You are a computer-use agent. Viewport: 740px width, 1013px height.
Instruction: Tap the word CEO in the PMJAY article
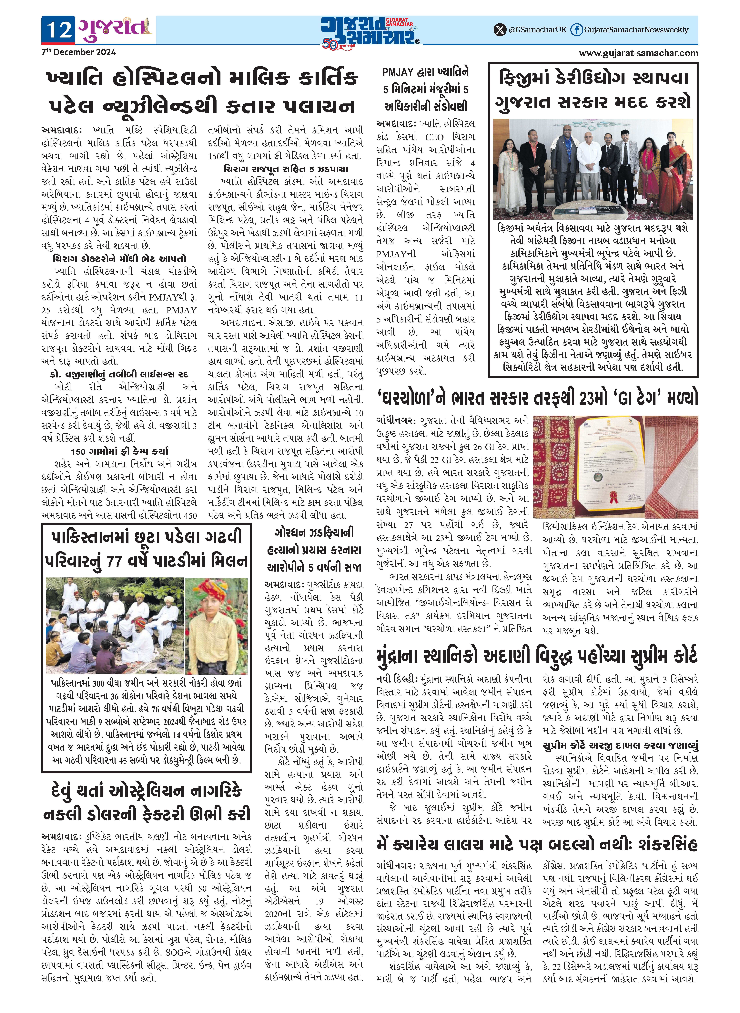tap(434, 137)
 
